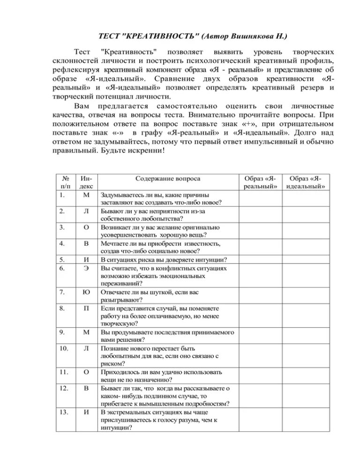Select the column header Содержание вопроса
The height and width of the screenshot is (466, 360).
[167, 179]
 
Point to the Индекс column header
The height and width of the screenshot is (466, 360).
[86, 182]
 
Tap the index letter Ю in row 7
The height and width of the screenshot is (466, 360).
[86, 293]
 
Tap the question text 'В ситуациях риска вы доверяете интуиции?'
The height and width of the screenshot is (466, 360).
[164, 260]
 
